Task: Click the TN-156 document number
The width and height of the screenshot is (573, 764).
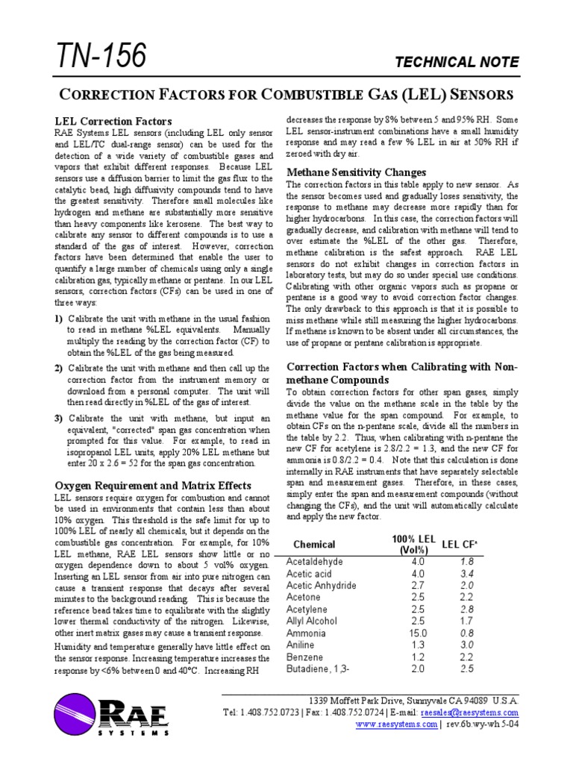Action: [100, 56]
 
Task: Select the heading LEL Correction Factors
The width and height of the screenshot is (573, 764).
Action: [114, 121]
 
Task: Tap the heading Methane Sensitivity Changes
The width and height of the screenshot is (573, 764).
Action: [357, 172]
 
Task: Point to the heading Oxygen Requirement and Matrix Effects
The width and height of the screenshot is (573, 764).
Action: [152, 486]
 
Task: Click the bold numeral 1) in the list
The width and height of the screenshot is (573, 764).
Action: [58, 319]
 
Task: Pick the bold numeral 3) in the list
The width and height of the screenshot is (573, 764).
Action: [58, 419]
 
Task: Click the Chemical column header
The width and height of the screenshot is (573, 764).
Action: [314, 545]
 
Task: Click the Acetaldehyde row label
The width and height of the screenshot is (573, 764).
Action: [315, 561]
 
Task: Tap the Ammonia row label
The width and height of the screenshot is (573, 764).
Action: [307, 633]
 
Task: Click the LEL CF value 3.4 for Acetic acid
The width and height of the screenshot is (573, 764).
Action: [467, 573]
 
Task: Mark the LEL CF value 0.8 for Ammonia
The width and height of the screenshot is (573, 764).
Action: [467, 633]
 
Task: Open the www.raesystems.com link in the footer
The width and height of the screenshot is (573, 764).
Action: [395, 724]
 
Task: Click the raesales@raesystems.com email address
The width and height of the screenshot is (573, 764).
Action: [469, 713]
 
